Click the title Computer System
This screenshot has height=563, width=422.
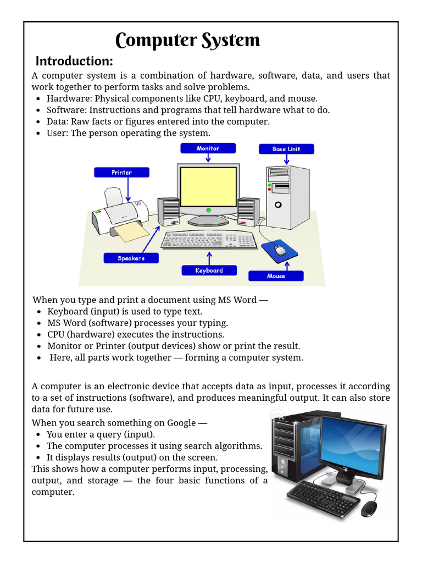coord(187,41)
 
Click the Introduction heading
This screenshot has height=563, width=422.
coord(74,60)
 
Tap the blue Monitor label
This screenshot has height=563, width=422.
coord(208,148)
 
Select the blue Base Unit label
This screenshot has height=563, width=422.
coord(286,149)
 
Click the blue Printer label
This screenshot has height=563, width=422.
coord(121,173)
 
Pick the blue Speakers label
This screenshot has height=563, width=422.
coord(131,258)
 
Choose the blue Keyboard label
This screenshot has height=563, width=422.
coord(209,271)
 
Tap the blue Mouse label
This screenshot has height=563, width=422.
coord(276,276)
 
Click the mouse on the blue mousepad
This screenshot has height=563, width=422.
coord(280,251)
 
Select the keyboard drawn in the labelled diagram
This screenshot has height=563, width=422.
coord(209,240)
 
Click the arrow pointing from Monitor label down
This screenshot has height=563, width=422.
coord(208,158)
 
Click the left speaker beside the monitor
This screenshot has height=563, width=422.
coord(168,212)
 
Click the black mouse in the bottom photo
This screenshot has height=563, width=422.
coord(369,509)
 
